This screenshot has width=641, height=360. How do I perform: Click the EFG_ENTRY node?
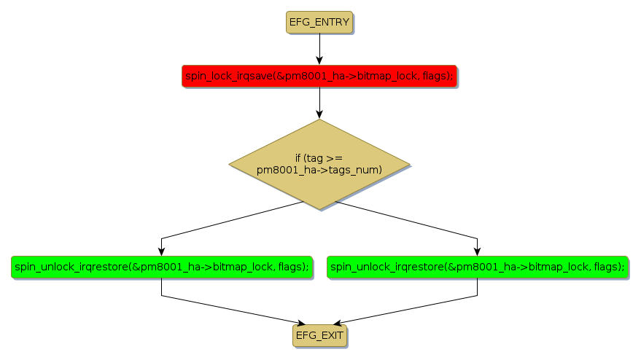[x=319, y=22]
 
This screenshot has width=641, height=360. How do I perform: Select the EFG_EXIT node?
[x=319, y=335]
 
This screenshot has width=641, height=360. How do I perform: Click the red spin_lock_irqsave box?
[x=319, y=76]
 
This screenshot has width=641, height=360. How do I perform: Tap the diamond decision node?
[x=319, y=165]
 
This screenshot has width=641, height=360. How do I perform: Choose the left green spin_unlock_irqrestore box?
[x=160, y=267]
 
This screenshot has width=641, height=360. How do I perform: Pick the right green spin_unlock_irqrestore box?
[x=477, y=267]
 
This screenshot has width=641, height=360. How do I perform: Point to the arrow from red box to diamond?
[x=319, y=102]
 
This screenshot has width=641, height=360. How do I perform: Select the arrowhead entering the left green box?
[x=161, y=251]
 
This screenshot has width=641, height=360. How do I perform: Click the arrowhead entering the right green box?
[x=477, y=251]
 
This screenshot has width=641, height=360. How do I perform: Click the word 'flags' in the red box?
[x=435, y=76]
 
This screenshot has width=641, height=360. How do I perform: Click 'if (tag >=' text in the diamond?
[x=319, y=158]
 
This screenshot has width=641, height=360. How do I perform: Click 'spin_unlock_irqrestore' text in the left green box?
[x=69, y=267]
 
